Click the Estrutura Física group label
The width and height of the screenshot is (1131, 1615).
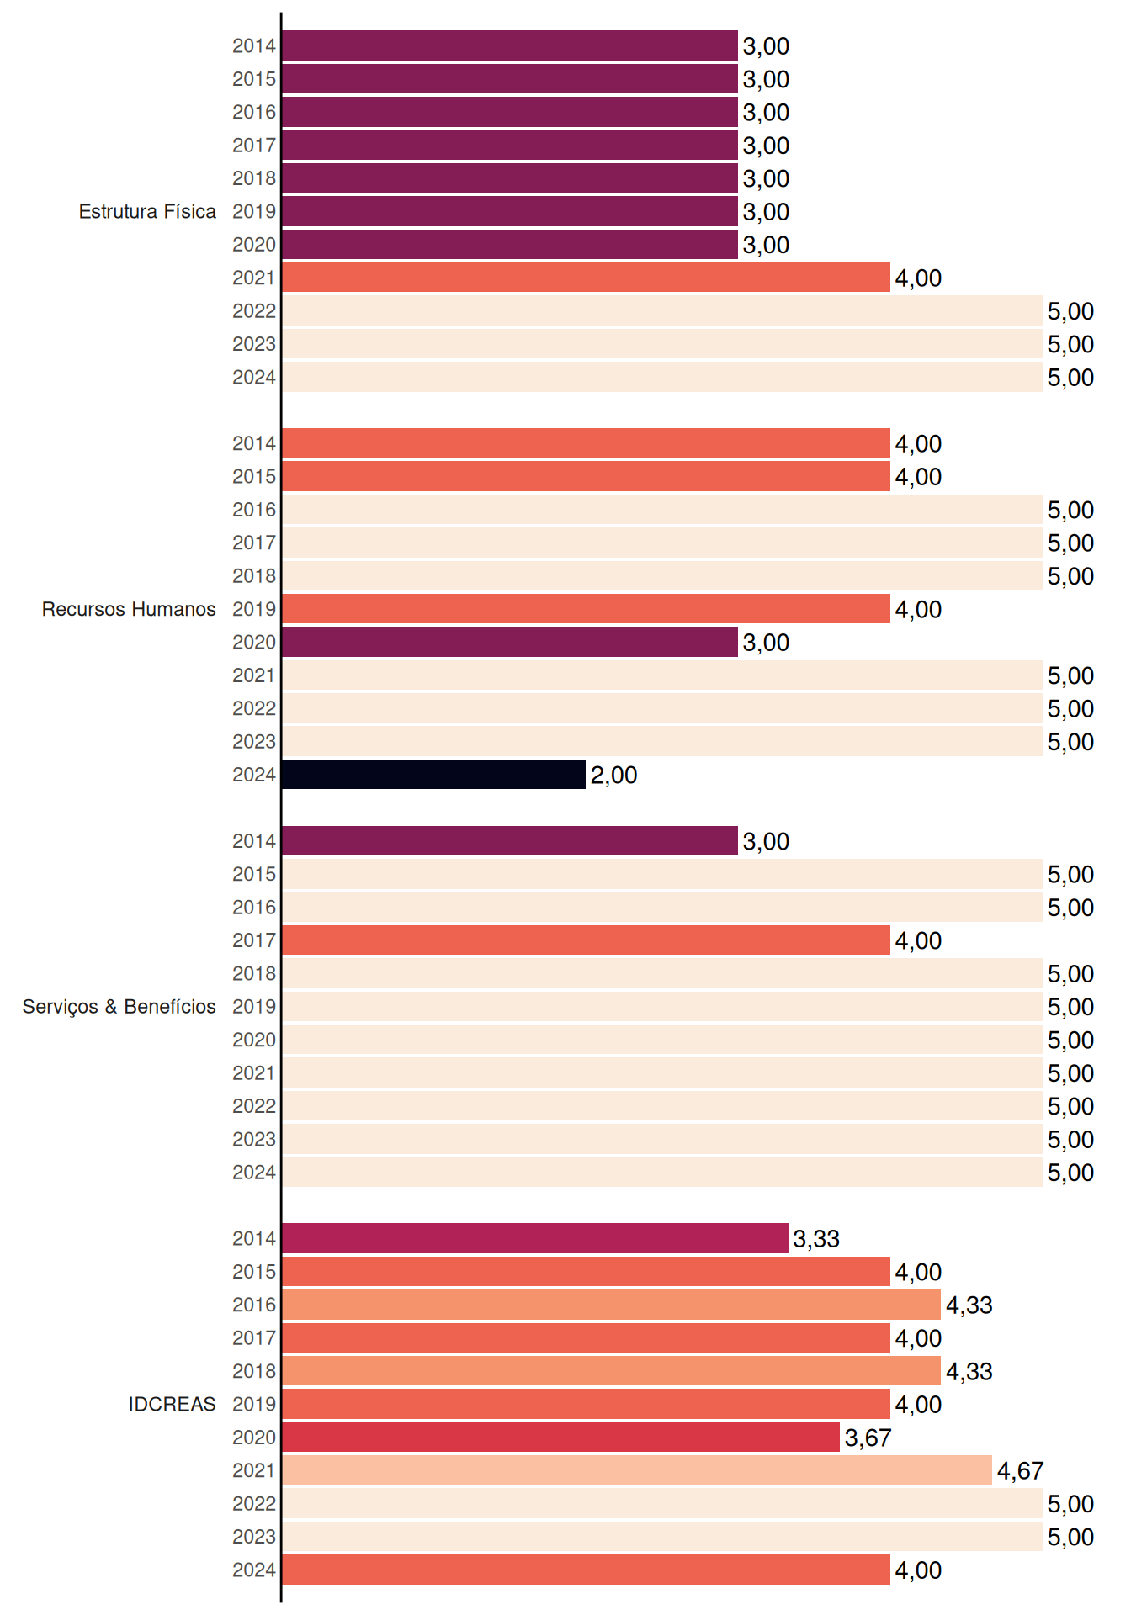point(147,211)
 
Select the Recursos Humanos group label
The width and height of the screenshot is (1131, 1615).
point(129,609)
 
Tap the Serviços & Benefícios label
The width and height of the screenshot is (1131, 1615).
point(119,1007)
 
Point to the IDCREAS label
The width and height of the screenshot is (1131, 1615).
point(172,1404)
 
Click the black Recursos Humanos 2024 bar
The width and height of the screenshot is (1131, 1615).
point(433,775)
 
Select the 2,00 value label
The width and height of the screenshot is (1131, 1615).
point(613,775)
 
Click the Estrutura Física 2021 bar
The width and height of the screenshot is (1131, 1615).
point(586,278)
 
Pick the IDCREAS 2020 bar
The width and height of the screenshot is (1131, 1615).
point(560,1438)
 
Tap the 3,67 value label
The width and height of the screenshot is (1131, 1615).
point(868,1438)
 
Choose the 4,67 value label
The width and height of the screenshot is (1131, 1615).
point(1020,1470)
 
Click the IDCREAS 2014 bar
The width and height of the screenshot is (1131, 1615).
point(535,1238)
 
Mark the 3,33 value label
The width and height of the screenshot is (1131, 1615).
point(816,1238)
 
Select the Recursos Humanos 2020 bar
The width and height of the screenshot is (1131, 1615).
point(510,642)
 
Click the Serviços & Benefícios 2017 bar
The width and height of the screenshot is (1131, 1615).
point(586,940)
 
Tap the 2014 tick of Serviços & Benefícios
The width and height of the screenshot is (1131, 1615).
point(254,841)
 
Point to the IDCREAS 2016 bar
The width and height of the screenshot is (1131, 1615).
point(611,1305)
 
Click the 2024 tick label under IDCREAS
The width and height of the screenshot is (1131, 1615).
point(254,1570)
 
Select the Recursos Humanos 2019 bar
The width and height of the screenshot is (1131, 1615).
point(586,609)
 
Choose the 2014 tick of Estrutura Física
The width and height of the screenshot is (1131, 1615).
point(254,45)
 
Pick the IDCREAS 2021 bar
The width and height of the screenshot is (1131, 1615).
point(637,1470)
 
